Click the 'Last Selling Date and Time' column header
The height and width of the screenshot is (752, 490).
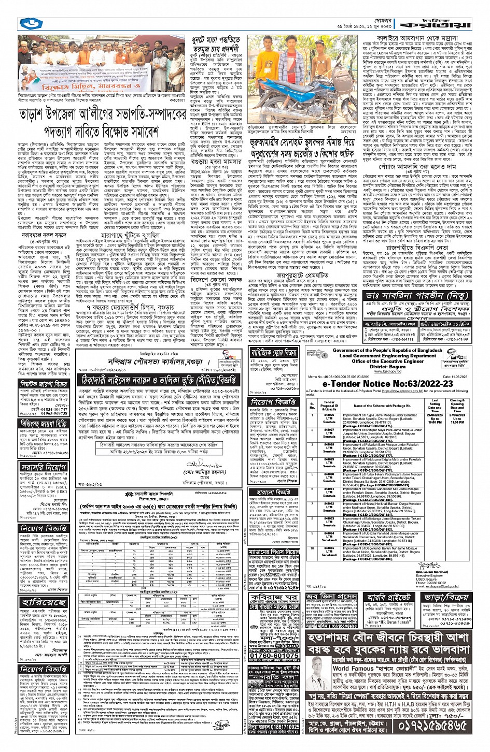[436, 403]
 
